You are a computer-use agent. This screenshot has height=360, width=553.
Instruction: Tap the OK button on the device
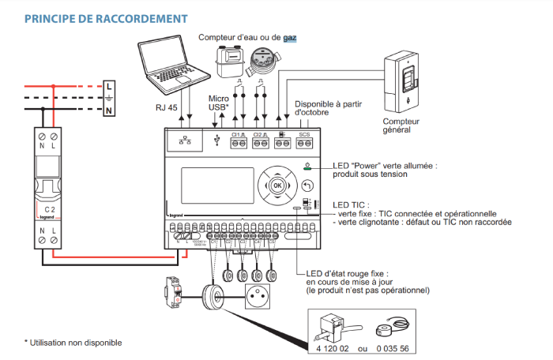(276, 185)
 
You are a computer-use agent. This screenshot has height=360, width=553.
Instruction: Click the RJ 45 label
(167, 103)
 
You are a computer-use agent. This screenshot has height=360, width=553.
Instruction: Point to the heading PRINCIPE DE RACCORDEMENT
(106, 17)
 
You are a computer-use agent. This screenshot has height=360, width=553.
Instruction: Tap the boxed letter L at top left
(108, 84)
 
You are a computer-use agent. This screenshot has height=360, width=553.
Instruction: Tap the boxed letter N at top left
(108, 111)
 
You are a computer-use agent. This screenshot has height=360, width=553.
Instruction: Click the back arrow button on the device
(307, 186)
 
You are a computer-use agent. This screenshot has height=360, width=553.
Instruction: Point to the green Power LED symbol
(307, 167)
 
